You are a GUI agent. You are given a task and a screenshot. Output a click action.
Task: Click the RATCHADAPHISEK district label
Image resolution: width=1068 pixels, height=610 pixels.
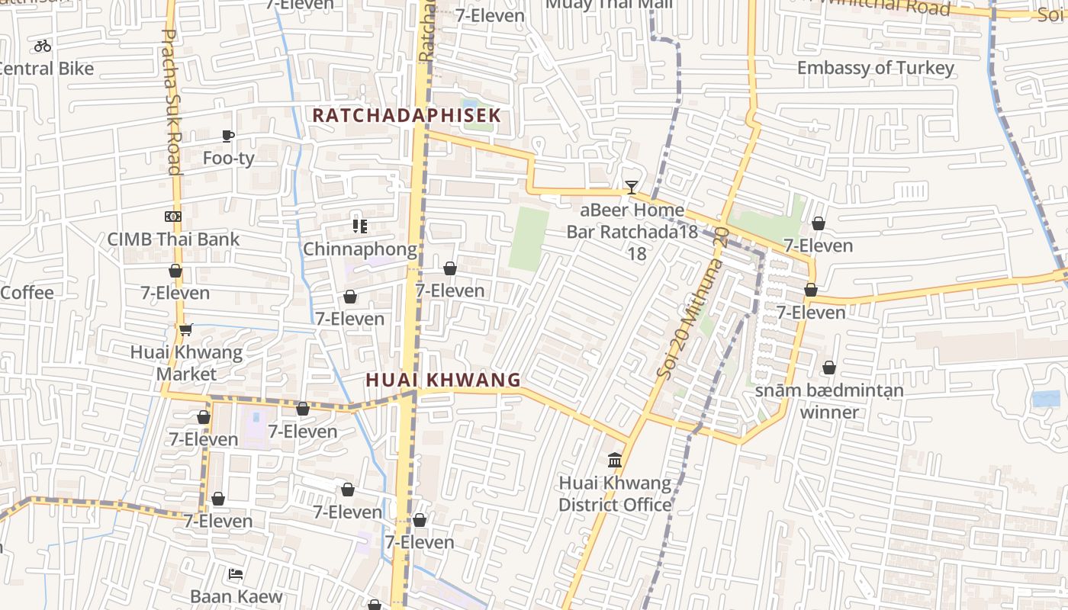tap(407, 115)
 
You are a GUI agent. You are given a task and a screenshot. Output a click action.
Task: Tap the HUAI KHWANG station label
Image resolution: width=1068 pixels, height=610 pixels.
tap(443, 380)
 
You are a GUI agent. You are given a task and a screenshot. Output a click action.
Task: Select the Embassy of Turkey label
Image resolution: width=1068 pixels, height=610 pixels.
tap(875, 68)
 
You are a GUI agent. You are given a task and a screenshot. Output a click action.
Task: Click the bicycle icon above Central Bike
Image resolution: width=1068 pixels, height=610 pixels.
tap(43, 46)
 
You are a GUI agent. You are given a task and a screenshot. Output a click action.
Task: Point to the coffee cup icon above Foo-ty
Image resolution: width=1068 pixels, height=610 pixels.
tap(228, 136)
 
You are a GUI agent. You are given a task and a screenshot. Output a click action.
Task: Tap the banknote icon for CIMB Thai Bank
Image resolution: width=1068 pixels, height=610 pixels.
tap(173, 217)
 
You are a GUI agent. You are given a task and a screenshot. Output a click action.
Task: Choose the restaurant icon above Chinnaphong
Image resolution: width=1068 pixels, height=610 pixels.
tap(360, 226)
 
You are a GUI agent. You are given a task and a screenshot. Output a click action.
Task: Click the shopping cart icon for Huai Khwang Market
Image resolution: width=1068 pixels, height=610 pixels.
tap(185, 329)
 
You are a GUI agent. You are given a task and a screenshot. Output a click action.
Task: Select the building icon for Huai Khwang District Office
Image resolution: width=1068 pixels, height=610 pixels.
tap(615, 460)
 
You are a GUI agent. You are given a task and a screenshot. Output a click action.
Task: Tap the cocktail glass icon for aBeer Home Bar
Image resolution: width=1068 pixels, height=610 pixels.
tap(631, 187)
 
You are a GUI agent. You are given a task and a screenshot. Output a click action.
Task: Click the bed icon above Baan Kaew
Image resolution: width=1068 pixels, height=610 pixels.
tap(236, 573)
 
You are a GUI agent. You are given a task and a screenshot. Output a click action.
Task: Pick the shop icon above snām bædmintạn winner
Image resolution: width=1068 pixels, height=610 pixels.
tap(829, 368)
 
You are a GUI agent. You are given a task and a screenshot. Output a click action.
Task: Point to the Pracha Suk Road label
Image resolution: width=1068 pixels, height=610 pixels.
tap(172, 102)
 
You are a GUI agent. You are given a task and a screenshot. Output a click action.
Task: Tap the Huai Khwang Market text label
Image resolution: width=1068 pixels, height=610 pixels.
tap(186, 363)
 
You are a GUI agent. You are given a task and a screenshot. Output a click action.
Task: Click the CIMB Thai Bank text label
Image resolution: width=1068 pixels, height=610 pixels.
tap(173, 239)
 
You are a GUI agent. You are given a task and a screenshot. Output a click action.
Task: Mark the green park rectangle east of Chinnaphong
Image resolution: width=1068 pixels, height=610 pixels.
tap(529, 239)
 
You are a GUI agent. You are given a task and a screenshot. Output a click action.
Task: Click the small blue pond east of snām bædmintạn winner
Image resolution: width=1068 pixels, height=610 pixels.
tap(1045, 399)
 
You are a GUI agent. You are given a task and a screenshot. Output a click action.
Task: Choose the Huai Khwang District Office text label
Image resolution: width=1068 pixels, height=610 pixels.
tap(615, 493)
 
